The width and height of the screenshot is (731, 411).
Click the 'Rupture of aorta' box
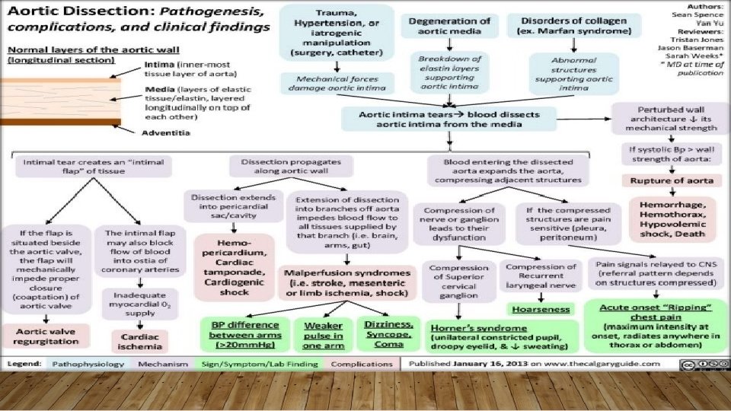point(672,181)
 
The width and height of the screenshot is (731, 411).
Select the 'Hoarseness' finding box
point(541,310)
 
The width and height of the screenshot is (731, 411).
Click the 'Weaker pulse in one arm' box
point(322,335)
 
